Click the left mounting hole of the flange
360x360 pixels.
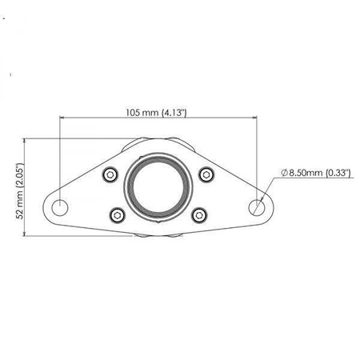pos(60,206)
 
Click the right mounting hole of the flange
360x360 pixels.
pos(258,206)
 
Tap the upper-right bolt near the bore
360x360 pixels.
pos(206,175)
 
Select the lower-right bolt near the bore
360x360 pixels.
pos(201,214)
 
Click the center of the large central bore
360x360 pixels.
pos(159,190)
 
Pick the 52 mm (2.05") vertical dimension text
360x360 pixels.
pos(19,190)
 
